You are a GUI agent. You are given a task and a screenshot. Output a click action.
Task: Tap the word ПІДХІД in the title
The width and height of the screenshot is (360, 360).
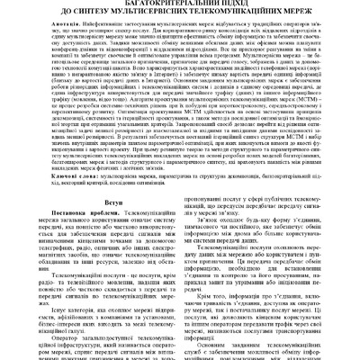(x=229, y=4)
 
